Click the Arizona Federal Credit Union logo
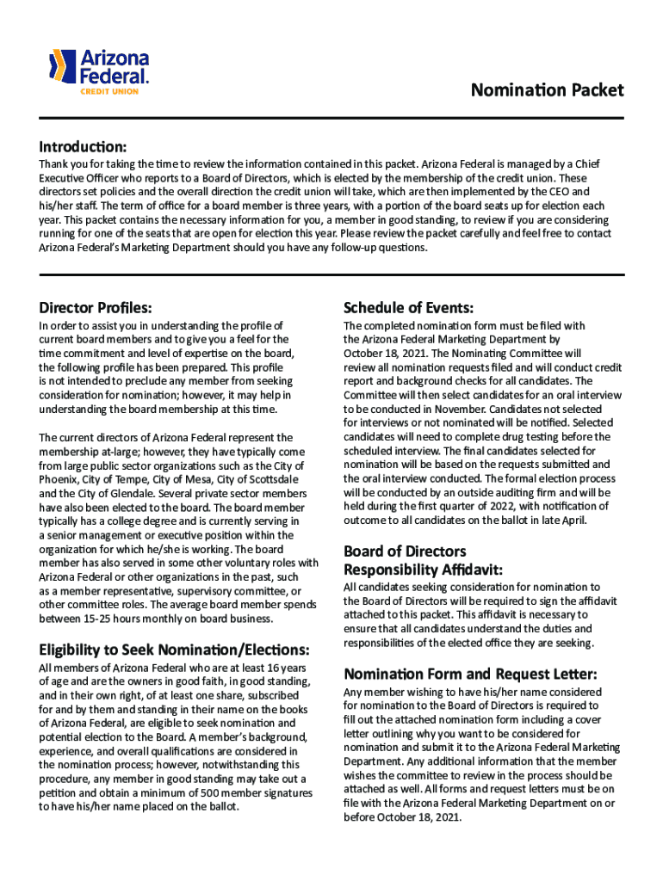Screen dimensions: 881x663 click(x=99, y=71)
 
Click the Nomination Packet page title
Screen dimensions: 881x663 click(x=546, y=90)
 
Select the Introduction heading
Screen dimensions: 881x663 click(x=83, y=145)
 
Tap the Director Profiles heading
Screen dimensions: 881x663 click(x=96, y=307)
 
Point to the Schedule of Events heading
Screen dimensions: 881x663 click(x=408, y=307)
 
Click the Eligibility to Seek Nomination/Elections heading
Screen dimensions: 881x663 click(x=174, y=648)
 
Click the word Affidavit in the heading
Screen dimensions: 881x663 click(x=472, y=569)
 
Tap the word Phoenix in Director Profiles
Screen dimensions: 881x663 click(x=59, y=478)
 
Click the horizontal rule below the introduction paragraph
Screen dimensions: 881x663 click(x=331, y=274)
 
